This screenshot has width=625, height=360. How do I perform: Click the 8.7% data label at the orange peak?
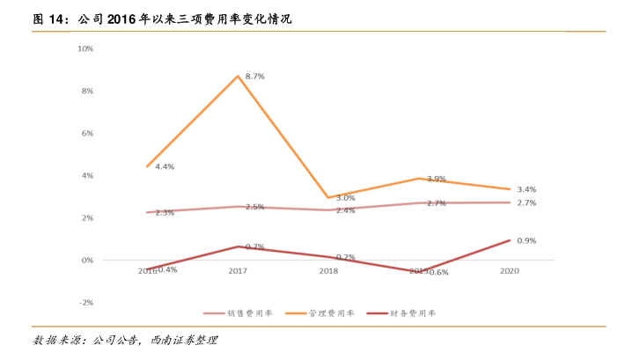coord(255,77)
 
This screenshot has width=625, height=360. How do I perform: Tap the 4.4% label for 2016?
coord(165,166)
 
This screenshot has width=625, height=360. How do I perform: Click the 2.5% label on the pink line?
coord(255,207)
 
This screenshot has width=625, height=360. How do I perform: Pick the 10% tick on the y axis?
coord(86,48)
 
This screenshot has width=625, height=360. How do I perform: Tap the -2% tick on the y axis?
coord(86,302)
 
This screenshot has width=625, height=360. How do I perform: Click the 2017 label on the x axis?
coord(238,271)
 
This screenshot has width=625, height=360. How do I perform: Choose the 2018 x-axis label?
coord(327,271)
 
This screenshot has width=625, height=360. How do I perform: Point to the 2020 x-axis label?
coord(509,271)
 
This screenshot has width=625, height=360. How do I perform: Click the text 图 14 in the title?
coord(48,18)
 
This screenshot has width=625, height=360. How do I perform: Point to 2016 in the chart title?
coord(125,18)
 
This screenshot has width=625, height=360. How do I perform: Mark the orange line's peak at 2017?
coord(238,76)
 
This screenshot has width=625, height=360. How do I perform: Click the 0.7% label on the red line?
coord(255,246)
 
